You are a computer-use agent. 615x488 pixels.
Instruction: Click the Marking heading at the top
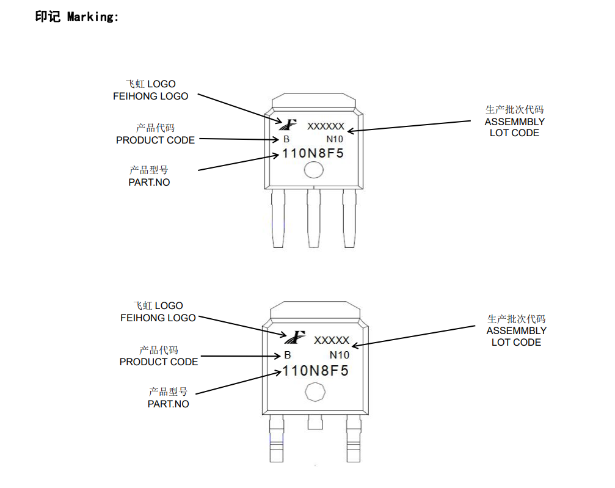77,17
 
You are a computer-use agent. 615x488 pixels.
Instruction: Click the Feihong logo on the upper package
287,124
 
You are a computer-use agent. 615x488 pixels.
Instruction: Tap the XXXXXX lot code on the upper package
326,127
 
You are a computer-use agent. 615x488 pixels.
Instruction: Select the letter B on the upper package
286,139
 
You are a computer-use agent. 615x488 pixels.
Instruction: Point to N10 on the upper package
335,139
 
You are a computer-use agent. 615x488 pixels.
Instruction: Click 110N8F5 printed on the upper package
313,153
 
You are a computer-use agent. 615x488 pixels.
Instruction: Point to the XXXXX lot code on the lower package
332,340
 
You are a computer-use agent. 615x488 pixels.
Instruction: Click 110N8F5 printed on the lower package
315,371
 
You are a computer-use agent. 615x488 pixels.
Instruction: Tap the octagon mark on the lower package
315,392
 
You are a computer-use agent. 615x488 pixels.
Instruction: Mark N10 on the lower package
340,355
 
